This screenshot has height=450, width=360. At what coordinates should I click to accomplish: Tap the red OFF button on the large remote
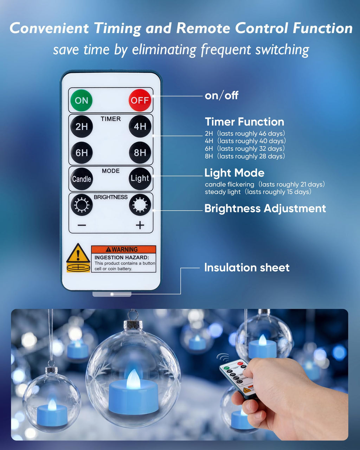[x=140, y=100]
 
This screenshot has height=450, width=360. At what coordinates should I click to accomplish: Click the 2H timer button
[x=81, y=126]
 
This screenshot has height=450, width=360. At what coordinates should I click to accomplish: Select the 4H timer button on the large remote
[x=140, y=126]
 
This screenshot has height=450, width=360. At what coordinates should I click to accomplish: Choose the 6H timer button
[x=81, y=153]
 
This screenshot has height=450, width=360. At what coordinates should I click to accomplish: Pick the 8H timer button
[x=140, y=153]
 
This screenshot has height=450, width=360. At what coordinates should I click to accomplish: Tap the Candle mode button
[x=81, y=179]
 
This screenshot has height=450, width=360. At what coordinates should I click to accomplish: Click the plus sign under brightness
[x=140, y=225]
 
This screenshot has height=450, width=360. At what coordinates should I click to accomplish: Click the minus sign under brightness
[x=82, y=225]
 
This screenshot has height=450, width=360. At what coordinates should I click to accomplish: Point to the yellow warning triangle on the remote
[x=78, y=253]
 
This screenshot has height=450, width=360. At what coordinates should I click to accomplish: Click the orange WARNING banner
[x=124, y=249]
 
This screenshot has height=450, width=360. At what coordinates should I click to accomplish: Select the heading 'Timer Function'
[x=244, y=122]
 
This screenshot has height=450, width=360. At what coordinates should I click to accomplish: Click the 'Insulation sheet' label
[x=247, y=268]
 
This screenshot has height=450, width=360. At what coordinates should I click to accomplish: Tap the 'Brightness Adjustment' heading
[x=265, y=208]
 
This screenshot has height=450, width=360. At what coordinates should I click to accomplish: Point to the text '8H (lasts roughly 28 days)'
[x=245, y=156]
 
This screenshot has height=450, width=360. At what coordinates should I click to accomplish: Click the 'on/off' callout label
[x=221, y=96]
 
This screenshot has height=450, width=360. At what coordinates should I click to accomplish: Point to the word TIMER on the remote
[x=111, y=119]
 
